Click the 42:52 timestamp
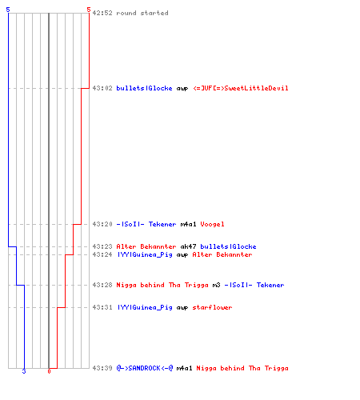pyautogui.click(x=102, y=13)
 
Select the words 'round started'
pyautogui.click(x=142, y=13)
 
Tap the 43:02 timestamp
pyautogui.click(x=102, y=88)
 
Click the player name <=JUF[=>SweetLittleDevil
pyautogui.click(x=241, y=88)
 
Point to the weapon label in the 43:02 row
pyautogui.click(x=182, y=89)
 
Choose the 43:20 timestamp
pyautogui.click(x=102, y=224)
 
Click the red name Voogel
pyautogui.click(x=212, y=225)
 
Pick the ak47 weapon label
pyautogui.click(x=188, y=246)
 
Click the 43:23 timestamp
pyautogui.click(x=102, y=246)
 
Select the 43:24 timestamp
pyautogui.click(x=102, y=254)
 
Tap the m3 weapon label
pyautogui.click(x=216, y=285)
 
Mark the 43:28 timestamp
pyautogui.click(x=102, y=285)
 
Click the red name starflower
pyautogui.click(x=212, y=307)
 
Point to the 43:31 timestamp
pyautogui.click(x=102, y=307)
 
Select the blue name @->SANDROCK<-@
pyautogui.click(x=145, y=368)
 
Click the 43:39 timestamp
pyautogui.click(x=102, y=368)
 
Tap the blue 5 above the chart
pyautogui.click(x=8, y=10)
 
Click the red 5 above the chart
pyautogui.click(x=89, y=10)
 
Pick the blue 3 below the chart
pyautogui.click(x=24, y=371)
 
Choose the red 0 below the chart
pyautogui.click(x=49, y=371)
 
